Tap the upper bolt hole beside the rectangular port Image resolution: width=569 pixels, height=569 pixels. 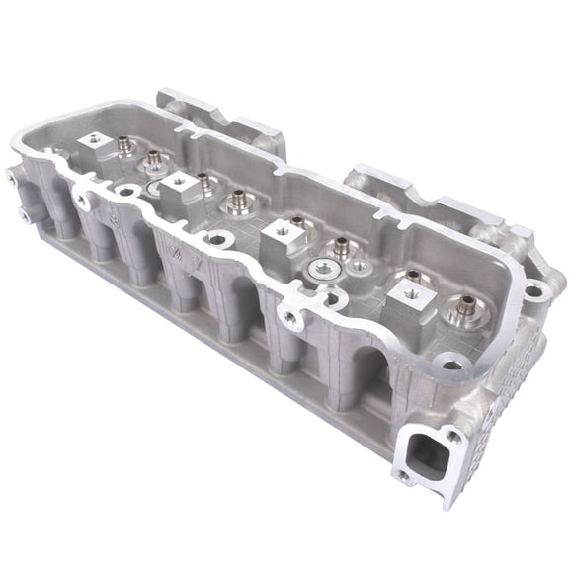click(x=452, y=436)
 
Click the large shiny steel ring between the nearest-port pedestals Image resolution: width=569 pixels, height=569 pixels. click(x=323, y=269)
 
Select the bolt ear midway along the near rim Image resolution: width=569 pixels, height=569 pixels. click(x=288, y=317)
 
